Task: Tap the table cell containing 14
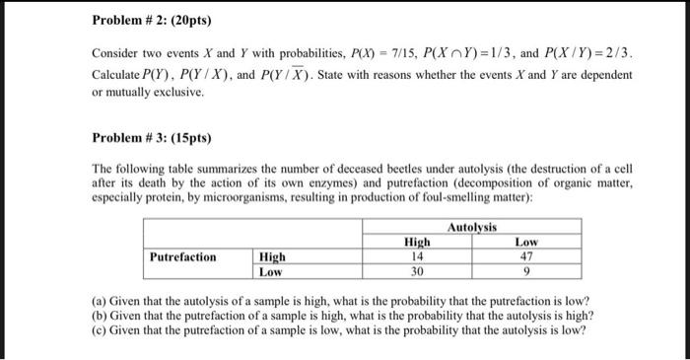pos(417,256)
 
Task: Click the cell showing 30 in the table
pos(417,270)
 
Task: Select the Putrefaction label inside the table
pos(182,256)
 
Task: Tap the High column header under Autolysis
pos(417,243)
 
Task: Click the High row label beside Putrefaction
pos(272,256)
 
